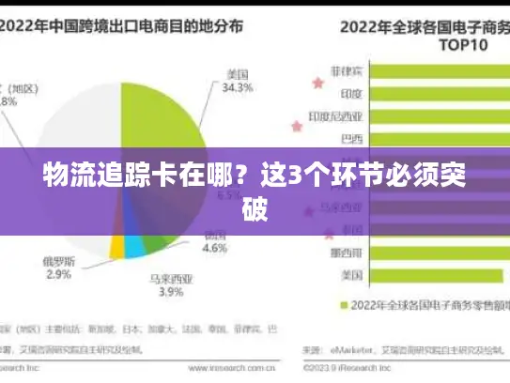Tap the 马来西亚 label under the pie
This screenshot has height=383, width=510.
pyautogui.click(x=170, y=277)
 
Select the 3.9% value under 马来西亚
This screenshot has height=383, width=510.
pyautogui.click(x=170, y=292)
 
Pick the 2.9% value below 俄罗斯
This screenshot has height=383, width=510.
pyautogui.click(x=57, y=274)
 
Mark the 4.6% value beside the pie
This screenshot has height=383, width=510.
pyautogui.click(x=215, y=249)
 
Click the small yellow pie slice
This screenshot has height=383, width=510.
pyautogui.click(x=117, y=247)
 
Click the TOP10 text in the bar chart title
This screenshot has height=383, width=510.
pyautogui.click(x=428, y=43)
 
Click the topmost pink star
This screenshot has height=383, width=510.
pyautogui.click(x=317, y=84)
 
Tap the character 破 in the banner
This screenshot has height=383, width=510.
pyautogui.click(x=255, y=208)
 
